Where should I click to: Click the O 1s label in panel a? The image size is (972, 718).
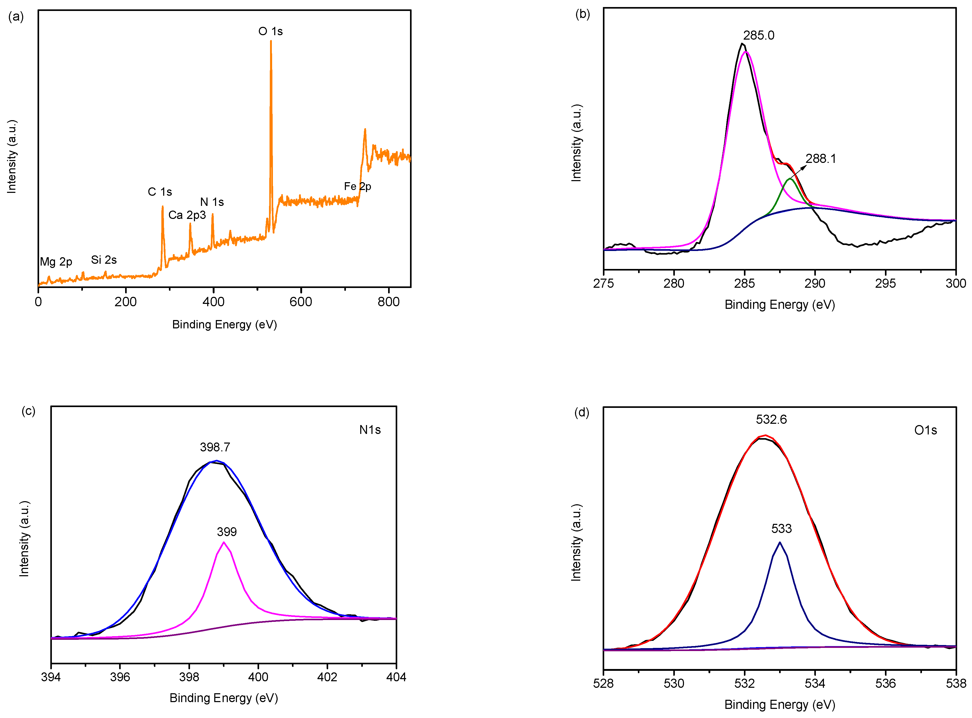click(x=270, y=31)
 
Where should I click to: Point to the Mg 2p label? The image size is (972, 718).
click(x=56, y=262)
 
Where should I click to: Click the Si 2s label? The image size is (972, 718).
click(x=104, y=260)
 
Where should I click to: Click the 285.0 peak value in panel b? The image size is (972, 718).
click(x=759, y=35)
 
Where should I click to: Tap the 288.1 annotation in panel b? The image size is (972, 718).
click(x=821, y=159)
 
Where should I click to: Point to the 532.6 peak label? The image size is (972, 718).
click(x=771, y=419)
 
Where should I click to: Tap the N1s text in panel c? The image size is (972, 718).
click(x=370, y=430)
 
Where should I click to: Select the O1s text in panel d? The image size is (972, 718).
click(x=926, y=430)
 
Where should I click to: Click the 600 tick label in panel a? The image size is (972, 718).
click(x=301, y=302)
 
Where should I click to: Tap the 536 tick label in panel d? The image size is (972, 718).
click(x=885, y=683)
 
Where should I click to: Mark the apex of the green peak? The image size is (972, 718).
click(x=790, y=179)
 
